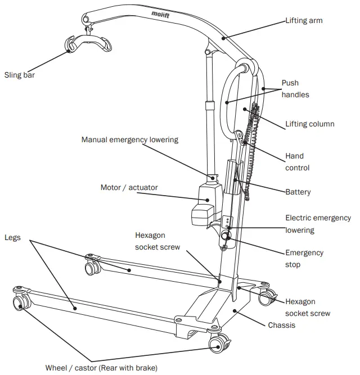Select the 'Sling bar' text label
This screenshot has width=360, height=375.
[x=20, y=74]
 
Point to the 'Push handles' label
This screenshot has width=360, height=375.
[x=295, y=89]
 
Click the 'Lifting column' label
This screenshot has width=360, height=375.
[x=309, y=124]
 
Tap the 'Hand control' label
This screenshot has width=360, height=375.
[x=297, y=162]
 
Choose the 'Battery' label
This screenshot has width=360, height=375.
[x=298, y=192]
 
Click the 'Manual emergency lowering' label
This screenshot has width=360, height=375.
[x=129, y=139]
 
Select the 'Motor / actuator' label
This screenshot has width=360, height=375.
[x=129, y=187]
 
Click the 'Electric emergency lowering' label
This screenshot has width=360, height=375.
[x=318, y=224]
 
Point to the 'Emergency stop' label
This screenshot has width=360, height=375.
[x=304, y=259]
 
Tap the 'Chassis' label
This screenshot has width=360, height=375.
[x=281, y=325]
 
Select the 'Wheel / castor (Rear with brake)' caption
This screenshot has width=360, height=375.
[x=106, y=368]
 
